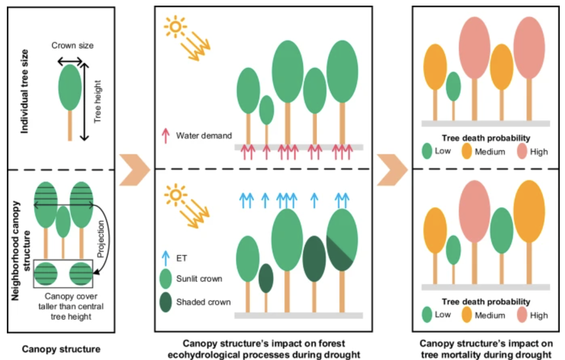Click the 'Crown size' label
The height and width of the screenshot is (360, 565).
[x=72, y=46]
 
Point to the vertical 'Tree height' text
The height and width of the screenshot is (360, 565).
[x=97, y=101]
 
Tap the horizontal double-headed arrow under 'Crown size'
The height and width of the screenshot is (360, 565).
[x=70, y=61]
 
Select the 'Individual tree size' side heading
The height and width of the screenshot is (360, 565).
[x=25, y=92]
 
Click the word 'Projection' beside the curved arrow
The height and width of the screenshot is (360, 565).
[x=101, y=239]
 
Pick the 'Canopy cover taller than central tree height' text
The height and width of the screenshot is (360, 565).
[x=71, y=306]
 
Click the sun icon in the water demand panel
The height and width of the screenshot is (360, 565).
[x=175, y=27]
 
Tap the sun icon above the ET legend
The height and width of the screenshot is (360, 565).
[x=176, y=195]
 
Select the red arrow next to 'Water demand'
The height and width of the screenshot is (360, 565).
[x=165, y=136]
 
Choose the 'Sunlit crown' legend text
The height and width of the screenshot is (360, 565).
[x=199, y=279]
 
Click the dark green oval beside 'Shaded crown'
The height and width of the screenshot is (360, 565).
[x=166, y=302]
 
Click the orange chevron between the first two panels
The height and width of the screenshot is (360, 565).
[x=134, y=170]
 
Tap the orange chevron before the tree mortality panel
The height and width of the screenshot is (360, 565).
[x=391, y=170]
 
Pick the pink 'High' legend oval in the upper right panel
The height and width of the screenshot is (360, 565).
[x=522, y=151]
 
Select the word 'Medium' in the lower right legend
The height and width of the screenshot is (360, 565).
[x=490, y=315]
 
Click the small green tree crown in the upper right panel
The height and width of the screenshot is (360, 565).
[x=453, y=86]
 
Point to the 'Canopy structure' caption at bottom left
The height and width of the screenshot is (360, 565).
[x=61, y=349]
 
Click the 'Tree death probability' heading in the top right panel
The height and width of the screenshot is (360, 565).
[x=485, y=138]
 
